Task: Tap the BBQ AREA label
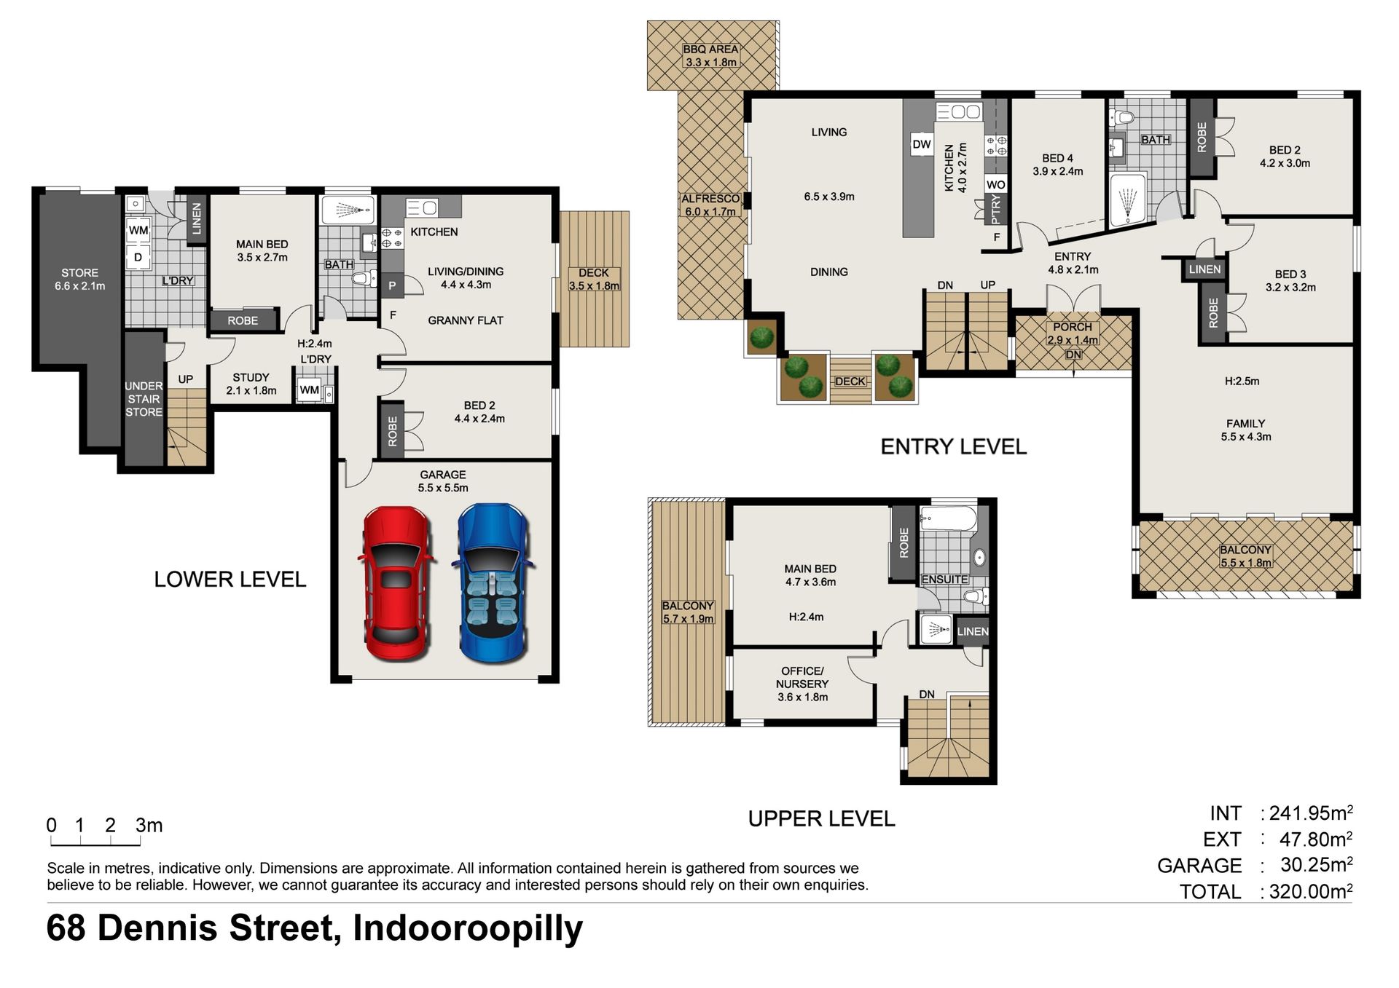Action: tap(710, 50)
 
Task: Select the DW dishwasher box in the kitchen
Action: tap(922, 144)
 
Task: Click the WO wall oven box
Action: tap(995, 185)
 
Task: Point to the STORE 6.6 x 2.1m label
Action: tap(79, 280)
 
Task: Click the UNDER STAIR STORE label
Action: tap(144, 399)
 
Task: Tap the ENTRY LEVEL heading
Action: tap(953, 446)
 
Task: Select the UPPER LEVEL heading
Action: tap(821, 819)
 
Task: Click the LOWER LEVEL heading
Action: tap(230, 580)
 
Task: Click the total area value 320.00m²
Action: tap(1311, 891)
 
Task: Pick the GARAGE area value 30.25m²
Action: tap(1316, 865)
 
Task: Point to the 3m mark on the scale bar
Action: tap(149, 825)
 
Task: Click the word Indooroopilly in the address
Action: tap(468, 929)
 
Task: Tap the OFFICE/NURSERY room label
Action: tap(802, 677)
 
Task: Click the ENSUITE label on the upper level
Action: tap(944, 580)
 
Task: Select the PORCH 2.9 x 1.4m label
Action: tap(1073, 333)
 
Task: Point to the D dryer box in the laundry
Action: tap(138, 257)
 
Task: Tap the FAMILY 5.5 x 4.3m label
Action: tap(1246, 430)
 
